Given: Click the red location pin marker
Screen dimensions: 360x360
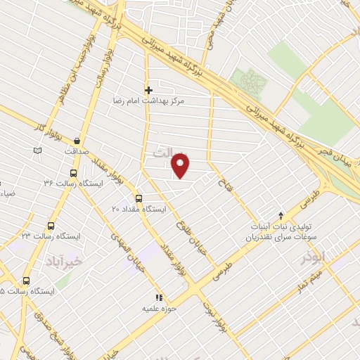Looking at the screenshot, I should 181,166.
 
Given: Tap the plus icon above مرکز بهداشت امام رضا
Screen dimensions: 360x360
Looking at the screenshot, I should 148,90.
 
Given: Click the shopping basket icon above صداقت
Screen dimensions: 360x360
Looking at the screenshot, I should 77,140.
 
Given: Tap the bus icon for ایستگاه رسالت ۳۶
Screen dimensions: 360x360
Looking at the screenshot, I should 74,173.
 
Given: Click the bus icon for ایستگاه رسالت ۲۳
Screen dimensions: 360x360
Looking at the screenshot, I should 50,226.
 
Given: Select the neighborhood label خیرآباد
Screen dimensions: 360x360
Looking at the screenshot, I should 63,261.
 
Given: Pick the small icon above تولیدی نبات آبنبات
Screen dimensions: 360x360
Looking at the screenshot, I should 281,215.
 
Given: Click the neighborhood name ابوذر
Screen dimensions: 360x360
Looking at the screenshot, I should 317,257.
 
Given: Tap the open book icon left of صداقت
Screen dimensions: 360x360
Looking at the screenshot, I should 37,150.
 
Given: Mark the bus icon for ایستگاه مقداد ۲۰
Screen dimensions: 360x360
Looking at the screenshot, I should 138,198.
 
